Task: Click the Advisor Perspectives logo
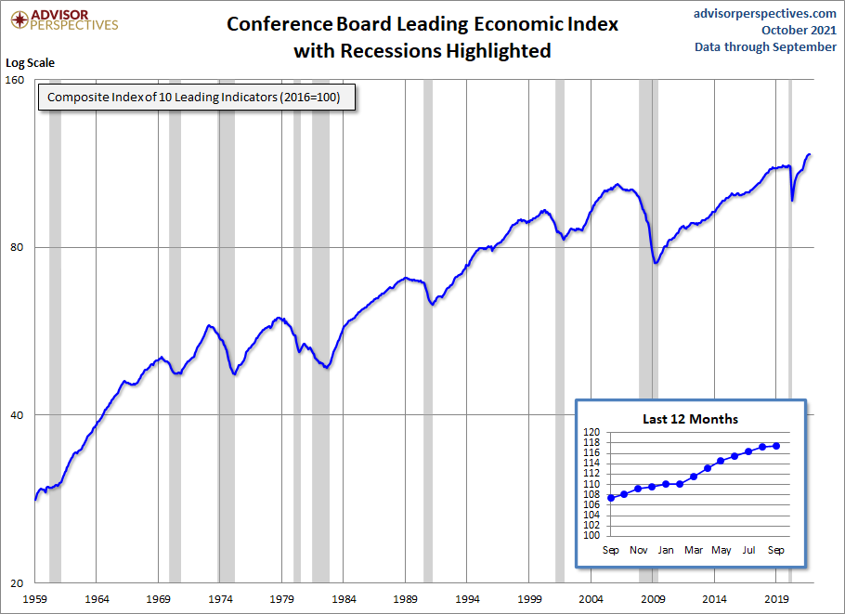pos(62,20)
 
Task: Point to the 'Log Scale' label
pos(32,63)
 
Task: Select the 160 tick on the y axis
pos(16,80)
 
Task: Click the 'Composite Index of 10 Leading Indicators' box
pos(196,98)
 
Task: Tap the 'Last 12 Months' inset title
pos(690,419)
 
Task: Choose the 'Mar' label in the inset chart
pos(694,550)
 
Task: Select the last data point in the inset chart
pos(776,446)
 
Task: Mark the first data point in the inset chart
pos(611,498)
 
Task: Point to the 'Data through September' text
pos(765,47)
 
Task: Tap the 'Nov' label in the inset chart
pos(639,550)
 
